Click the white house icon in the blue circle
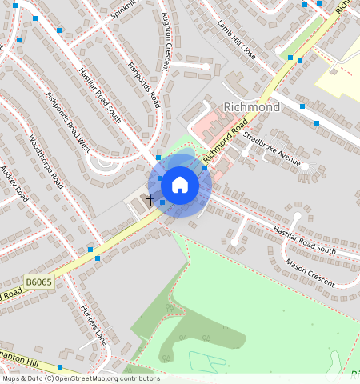tap(180, 185)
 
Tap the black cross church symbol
tap(150, 198)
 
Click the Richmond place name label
tap(252, 107)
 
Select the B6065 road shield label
tap(38, 282)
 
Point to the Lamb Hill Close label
tap(236, 41)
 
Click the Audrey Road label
tap(14, 184)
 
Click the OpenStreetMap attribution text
tap(81, 378)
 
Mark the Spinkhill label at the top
tap(125, 10)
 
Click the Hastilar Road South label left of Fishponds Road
tap(100, 95)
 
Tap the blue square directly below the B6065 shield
tap(60, 367)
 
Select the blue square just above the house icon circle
tap(159, 158)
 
